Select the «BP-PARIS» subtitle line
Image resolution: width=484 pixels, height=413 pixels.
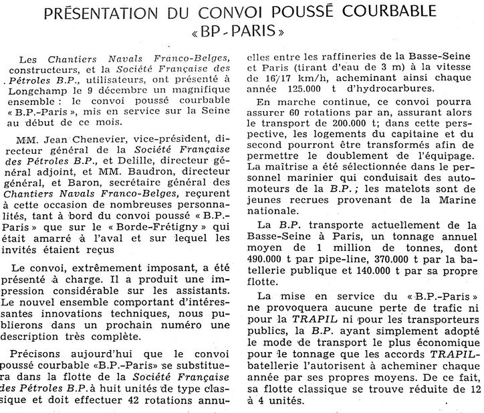pos(242,33)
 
